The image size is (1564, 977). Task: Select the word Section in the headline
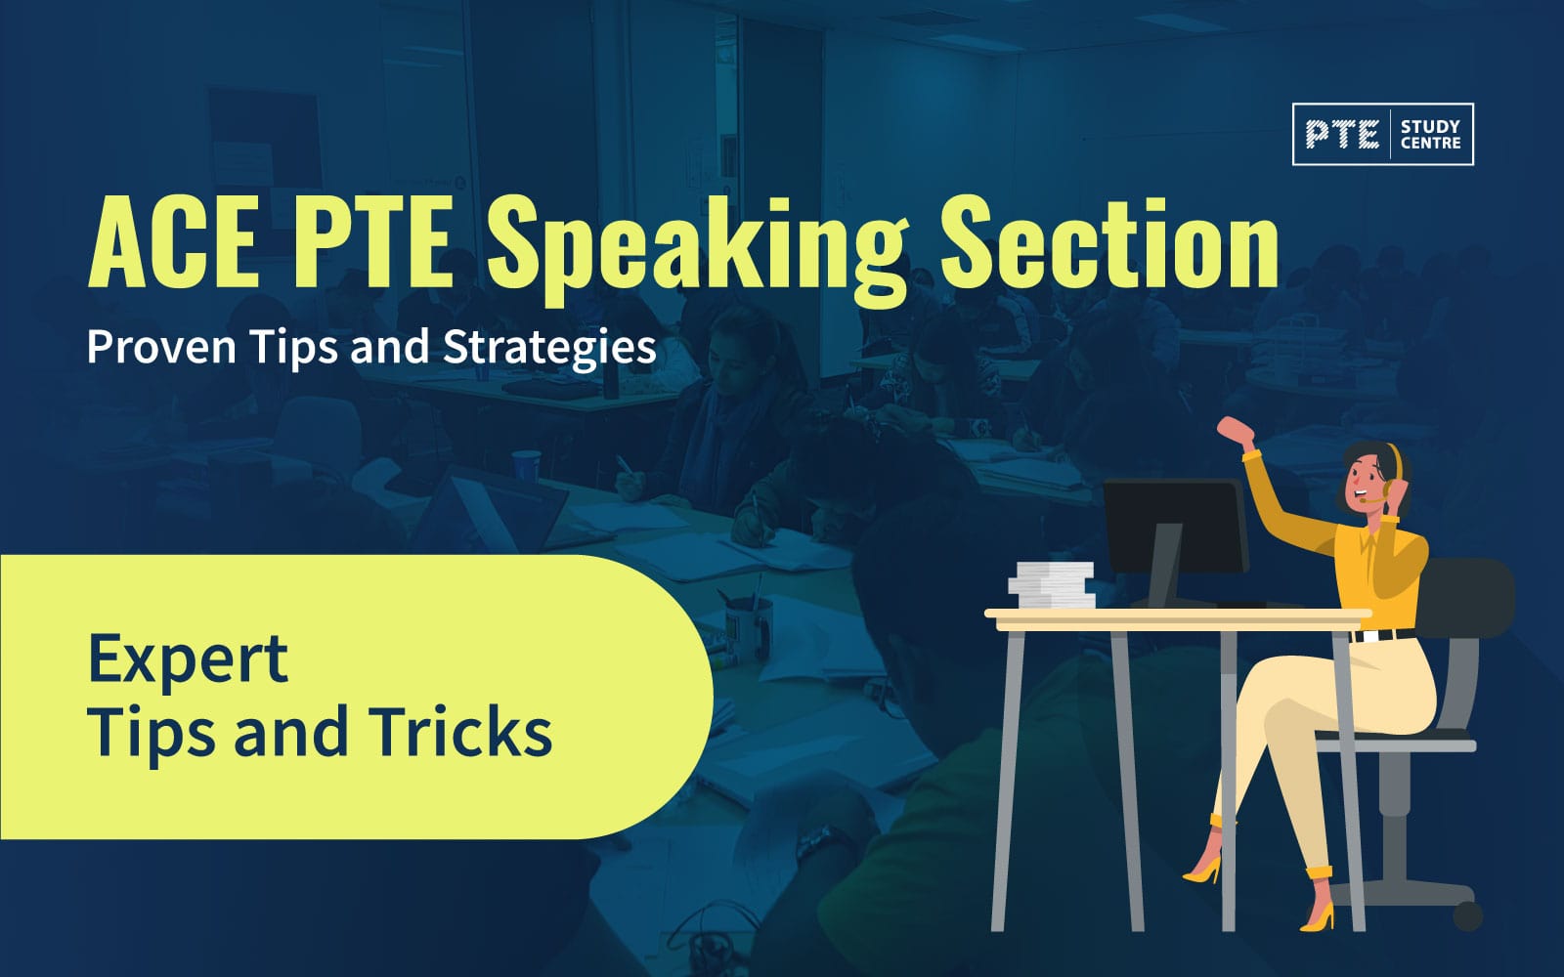tap(1108, 242)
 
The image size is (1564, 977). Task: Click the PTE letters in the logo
tap(1342, 135)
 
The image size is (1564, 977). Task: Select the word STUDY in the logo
tap(1430, 126)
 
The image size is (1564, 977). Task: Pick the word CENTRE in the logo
tap(1430, 143)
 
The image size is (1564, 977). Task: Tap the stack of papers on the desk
tap(1052, 583)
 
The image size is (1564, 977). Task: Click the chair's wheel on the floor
tap(1467, 914)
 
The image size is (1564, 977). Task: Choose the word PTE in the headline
tap(371, 242)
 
